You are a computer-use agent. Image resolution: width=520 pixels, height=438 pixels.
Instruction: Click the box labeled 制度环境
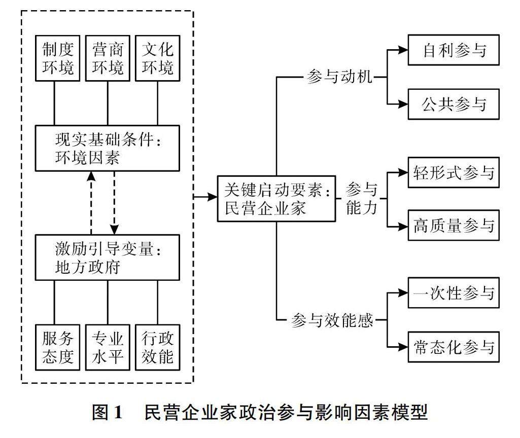click(x=57, y=58)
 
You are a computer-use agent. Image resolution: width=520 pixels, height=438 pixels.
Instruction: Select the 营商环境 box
click(x=108, y=58)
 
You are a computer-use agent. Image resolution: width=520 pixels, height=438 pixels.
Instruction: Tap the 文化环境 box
click(x=157, y=58)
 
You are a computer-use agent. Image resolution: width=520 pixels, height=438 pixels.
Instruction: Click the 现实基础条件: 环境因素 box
click(x=108, y=148)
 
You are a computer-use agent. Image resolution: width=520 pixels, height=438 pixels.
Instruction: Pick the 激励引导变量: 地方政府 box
click(x=108, y=257)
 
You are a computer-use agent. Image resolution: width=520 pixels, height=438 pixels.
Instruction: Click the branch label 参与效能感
click(x=332, y=320)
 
